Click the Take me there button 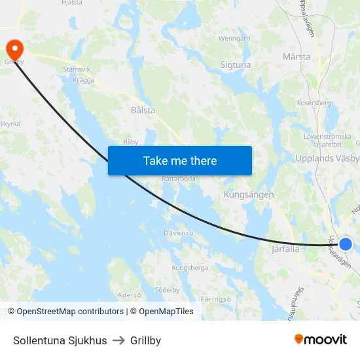point(180,160)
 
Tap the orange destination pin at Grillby point(14,49)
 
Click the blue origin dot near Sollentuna point(346,244)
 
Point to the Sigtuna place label point(236,65)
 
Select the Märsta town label point(297,57)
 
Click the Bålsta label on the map point(143,111)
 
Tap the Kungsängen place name point(249,194)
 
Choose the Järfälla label point(285,249)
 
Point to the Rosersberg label point(314,103)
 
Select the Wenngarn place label point(234,39)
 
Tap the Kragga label point(84,81)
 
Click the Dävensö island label point(179,233)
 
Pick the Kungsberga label point(190,268)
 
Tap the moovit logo point(321,340)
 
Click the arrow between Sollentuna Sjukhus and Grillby point(118,340)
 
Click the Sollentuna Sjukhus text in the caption point(60,340)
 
